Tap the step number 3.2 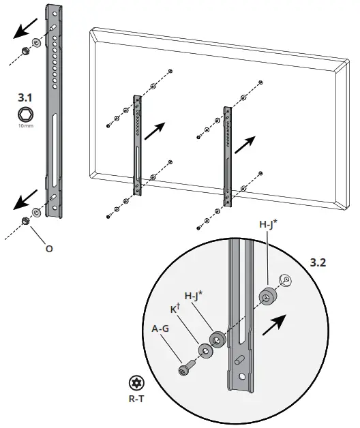pyautogui.click(x=318, y=262)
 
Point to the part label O pyautogui.click(x=48, y=249)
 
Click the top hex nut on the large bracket pyautogui.click(x=24, y=51)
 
